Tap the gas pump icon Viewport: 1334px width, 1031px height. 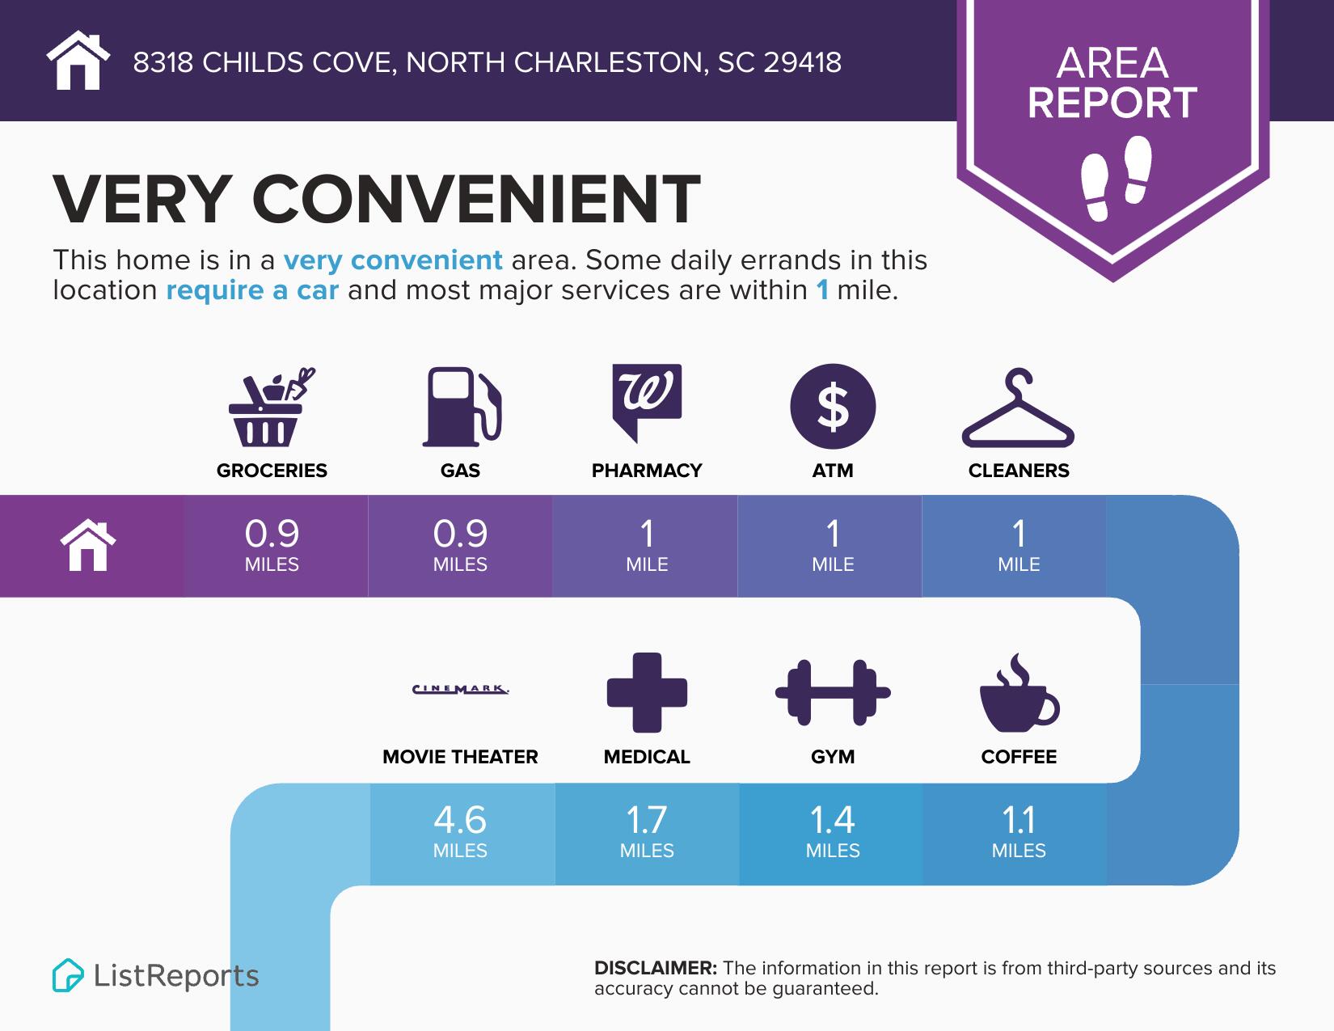click(x=462, y=407)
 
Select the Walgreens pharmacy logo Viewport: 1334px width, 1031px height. click(x=646, y=402)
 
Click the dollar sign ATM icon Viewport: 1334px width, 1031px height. click(x=832, y=406)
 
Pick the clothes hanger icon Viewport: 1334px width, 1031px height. click(x=1018, y=408)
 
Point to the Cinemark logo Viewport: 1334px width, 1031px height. click(x=460, y=690)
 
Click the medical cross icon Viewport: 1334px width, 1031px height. click(x=647, y=692)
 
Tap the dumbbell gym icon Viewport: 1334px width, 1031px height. click(x=833, y=692)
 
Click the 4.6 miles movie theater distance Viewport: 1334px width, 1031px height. click(x=460, y=831)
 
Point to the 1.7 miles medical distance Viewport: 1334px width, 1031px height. click(x=647, y=831)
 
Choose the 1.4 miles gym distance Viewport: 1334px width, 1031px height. click(x=833, y=831)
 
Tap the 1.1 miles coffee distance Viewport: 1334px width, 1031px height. click(x=1019, y=831)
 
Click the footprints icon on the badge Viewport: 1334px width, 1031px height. click(x=1115, y=178)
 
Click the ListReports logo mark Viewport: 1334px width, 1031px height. click(x=68, y=975)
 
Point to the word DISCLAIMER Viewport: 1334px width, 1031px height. click(x=655, y=968)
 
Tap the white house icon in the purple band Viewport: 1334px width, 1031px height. click(x=88, y=546)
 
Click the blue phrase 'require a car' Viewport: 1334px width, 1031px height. click(x=252, y=290)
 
